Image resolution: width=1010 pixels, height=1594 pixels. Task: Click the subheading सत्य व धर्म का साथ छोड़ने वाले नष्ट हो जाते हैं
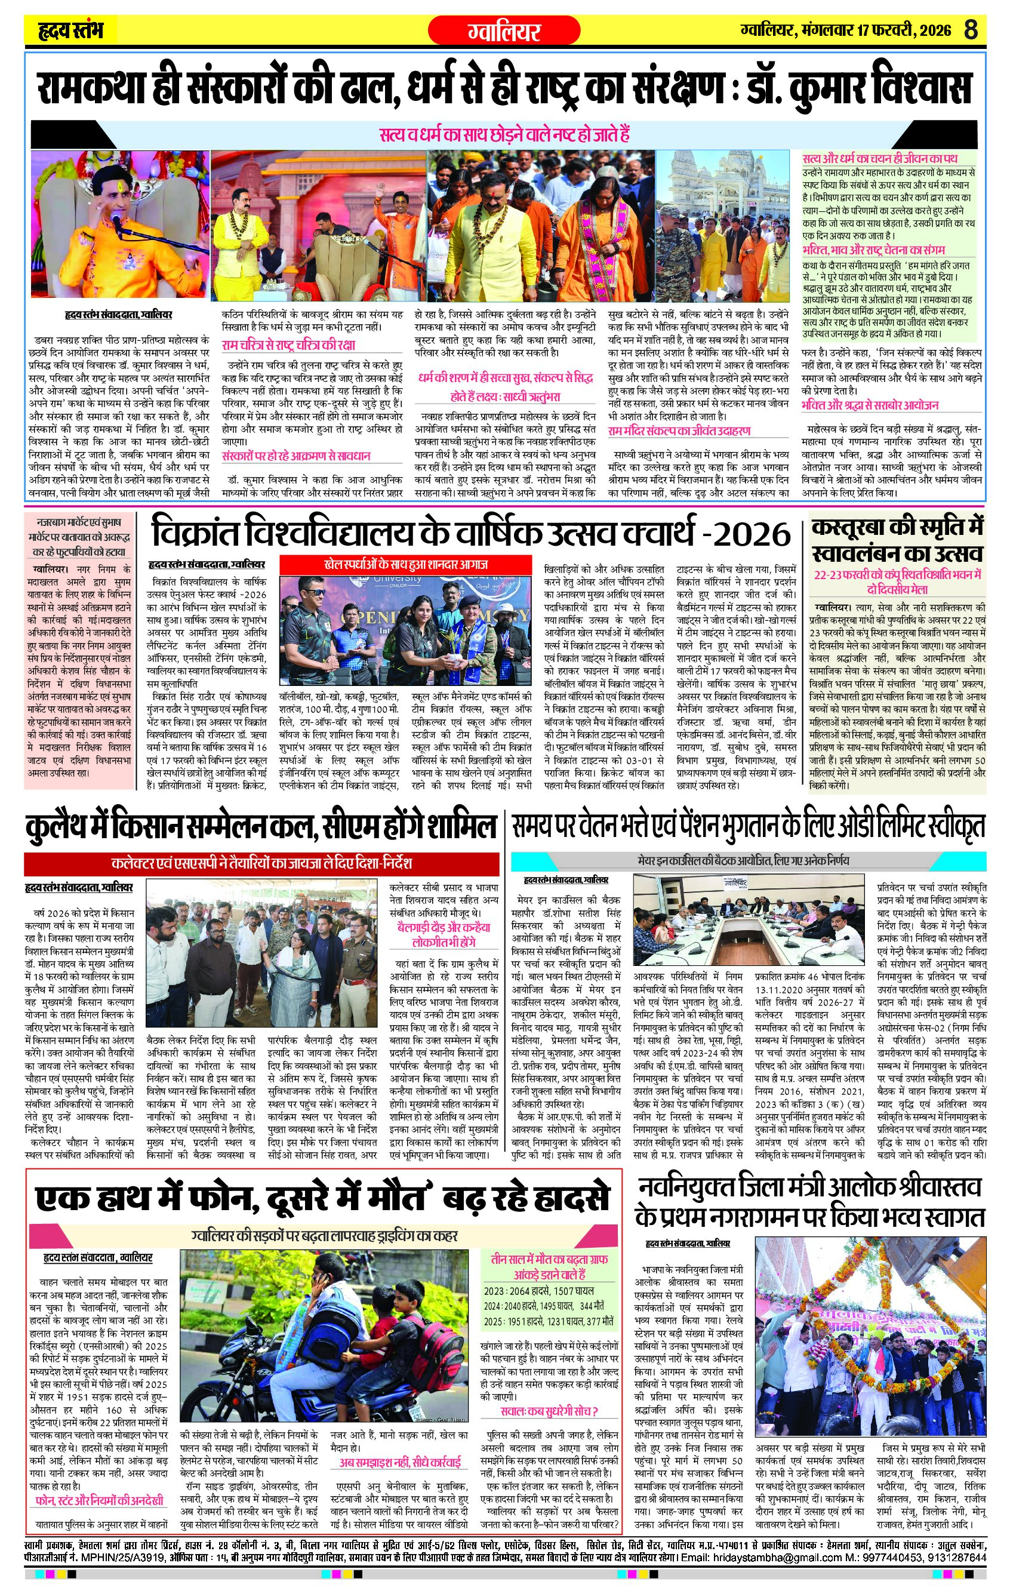504,134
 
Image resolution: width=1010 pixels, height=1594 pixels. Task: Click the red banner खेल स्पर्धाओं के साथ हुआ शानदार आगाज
406,565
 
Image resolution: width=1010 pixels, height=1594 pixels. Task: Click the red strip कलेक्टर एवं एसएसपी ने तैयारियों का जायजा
261,864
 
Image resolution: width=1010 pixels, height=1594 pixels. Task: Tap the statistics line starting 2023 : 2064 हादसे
539,1291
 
